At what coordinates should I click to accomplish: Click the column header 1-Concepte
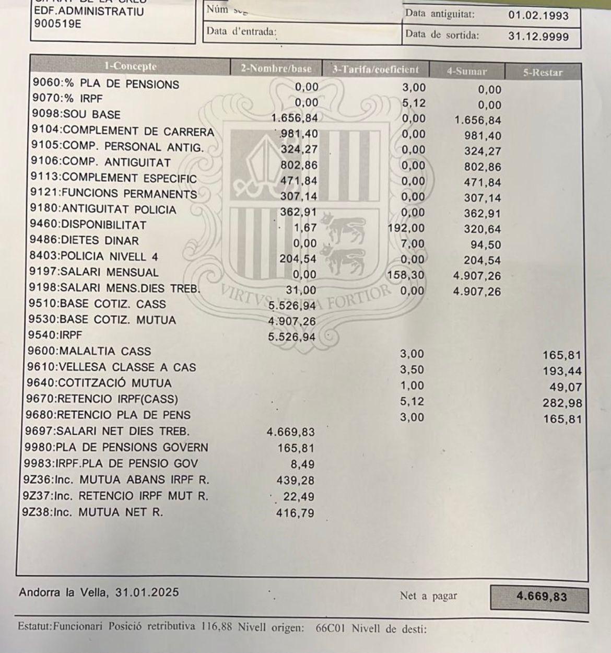[x=130, y=66]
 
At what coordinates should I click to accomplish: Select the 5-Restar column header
[x=543, y=73]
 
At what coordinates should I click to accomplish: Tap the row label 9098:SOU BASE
[x=76, y=114]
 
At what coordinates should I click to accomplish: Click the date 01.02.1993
[x=538, y=16]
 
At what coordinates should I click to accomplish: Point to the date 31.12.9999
[x=538, y=37]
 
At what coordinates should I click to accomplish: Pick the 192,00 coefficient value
[x=406, y=228]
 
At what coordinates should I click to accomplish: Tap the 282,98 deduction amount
[x=562, y=403]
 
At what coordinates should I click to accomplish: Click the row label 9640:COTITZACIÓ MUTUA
[x=99, y=383]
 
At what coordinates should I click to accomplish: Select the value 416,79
[x=295, y=513]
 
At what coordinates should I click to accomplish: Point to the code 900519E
[x=57, y=24]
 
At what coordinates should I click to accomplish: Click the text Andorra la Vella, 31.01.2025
[x=99, y=592]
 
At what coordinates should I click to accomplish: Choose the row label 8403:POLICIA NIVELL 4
[x=94, y=256]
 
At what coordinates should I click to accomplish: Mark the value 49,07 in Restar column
[x=568, y=388]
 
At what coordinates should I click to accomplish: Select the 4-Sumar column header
[x=466, y=72]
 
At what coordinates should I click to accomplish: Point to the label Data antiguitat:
[x=440, y=14]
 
